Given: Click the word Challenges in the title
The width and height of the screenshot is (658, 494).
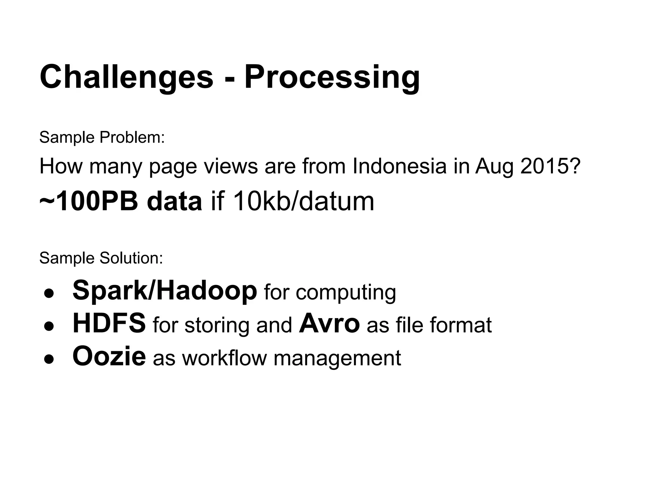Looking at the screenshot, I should coord(126,77).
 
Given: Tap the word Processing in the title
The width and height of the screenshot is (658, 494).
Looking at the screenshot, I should coord(332,77).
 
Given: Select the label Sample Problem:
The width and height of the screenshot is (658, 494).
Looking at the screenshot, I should coord(102,137).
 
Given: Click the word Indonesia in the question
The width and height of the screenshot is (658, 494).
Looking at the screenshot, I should coord(399,166).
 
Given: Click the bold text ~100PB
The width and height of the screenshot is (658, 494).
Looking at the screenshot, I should coord(89,201).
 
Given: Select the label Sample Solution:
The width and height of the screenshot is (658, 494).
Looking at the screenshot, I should coord(101,258).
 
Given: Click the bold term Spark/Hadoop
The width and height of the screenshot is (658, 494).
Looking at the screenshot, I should coord(165,290).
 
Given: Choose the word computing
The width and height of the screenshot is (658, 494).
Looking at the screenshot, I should coord(346,293).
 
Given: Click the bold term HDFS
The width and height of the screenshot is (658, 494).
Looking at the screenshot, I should coord(109,323).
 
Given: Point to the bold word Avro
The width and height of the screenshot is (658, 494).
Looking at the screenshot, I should coord(329,323).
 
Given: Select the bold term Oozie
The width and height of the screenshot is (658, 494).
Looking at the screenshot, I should coord(109,356).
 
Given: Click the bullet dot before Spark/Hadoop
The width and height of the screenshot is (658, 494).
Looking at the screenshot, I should coord(49,294).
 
